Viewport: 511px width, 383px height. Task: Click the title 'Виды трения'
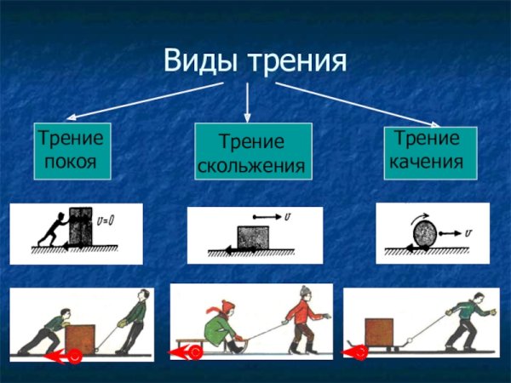tap(255, 61)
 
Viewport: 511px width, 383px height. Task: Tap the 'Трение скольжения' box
tap(253, 151)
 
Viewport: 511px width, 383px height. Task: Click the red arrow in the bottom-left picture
tap(63, 356)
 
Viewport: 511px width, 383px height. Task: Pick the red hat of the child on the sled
tap(226, 306)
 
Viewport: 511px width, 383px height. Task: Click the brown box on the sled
tap(380, 330)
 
